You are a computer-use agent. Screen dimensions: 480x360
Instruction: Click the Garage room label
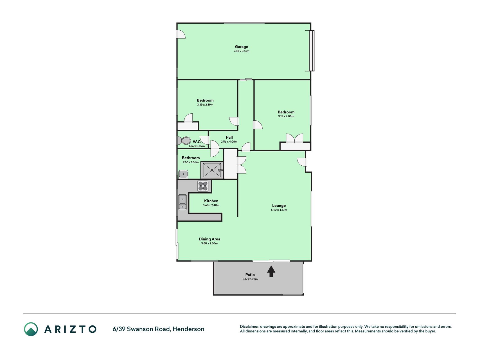click(x=242, y=47)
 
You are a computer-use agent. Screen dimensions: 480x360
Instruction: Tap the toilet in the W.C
click(x=184, y=140)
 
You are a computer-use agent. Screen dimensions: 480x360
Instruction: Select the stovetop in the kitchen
click(x=203, y=186)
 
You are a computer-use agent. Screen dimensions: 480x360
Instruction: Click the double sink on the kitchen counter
click(x=182, y=202)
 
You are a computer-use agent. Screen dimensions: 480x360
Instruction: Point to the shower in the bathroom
click(x=212, y=170)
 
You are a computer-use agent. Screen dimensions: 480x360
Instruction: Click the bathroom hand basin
click(x=183, y=174)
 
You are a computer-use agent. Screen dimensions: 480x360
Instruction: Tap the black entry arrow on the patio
click(x=271, y=271)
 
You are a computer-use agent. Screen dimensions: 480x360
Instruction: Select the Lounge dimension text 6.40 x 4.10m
click(x=279, y=210)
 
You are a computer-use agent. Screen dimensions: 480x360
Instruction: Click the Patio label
click(x=250, y=275)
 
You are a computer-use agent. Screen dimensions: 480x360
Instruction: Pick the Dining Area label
click(x=209, y=239)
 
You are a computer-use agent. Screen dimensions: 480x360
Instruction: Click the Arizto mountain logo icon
click(x=31, y=329)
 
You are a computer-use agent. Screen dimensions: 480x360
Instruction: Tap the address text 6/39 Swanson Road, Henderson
click(x=158, y=329)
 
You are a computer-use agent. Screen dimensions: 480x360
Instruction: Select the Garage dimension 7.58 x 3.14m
click(x=242, y=51)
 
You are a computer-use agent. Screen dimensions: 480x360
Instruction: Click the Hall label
click(x=229, y=138)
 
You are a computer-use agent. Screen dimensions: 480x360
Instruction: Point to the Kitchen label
click(x=211, y=201)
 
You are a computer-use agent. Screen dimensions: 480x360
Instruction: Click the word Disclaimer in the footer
click(x=249, y=327)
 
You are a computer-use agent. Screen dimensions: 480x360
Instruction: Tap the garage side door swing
click(x=181, y=34)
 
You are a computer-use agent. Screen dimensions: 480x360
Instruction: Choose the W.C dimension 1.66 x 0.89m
click(x=197, y=146)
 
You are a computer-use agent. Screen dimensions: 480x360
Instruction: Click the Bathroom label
click(x=191, y=158)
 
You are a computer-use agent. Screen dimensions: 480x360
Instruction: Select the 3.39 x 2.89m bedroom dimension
click(x=205, y=105)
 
